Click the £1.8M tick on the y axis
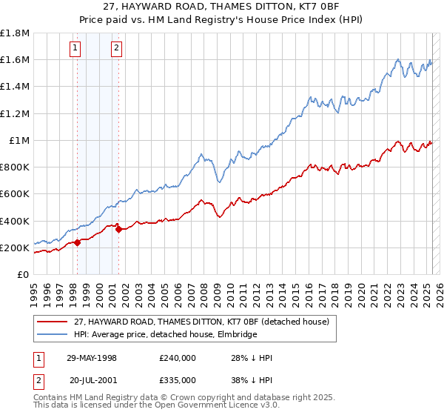click(x=16, y=33)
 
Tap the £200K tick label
click(x=15, y=248)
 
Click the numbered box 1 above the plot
click(x=76, y=49)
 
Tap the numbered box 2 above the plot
click(x=117, y=49)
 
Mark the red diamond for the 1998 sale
click(x=78, y=242)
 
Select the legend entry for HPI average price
click(x=165, y=335)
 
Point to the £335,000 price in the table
click(x=177, y=380)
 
